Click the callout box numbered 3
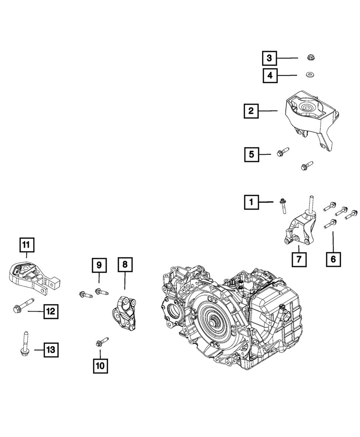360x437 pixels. coord(270,58)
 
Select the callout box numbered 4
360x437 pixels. coord(270,76)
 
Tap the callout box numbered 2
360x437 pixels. coord(251,111)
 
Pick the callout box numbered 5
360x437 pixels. coord(251,154)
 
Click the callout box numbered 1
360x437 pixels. coord(251,202)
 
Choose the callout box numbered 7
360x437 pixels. coord(300,260)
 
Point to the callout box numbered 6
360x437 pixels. coord(333,260)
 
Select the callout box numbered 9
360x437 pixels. coord(99,265)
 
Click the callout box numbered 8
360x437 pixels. coord(125,265)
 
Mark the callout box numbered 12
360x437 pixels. coord(50,311)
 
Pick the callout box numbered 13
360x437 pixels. coord(50,349)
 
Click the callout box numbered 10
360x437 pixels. coord(100,366)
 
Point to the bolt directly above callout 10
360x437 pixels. coord(101,342)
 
